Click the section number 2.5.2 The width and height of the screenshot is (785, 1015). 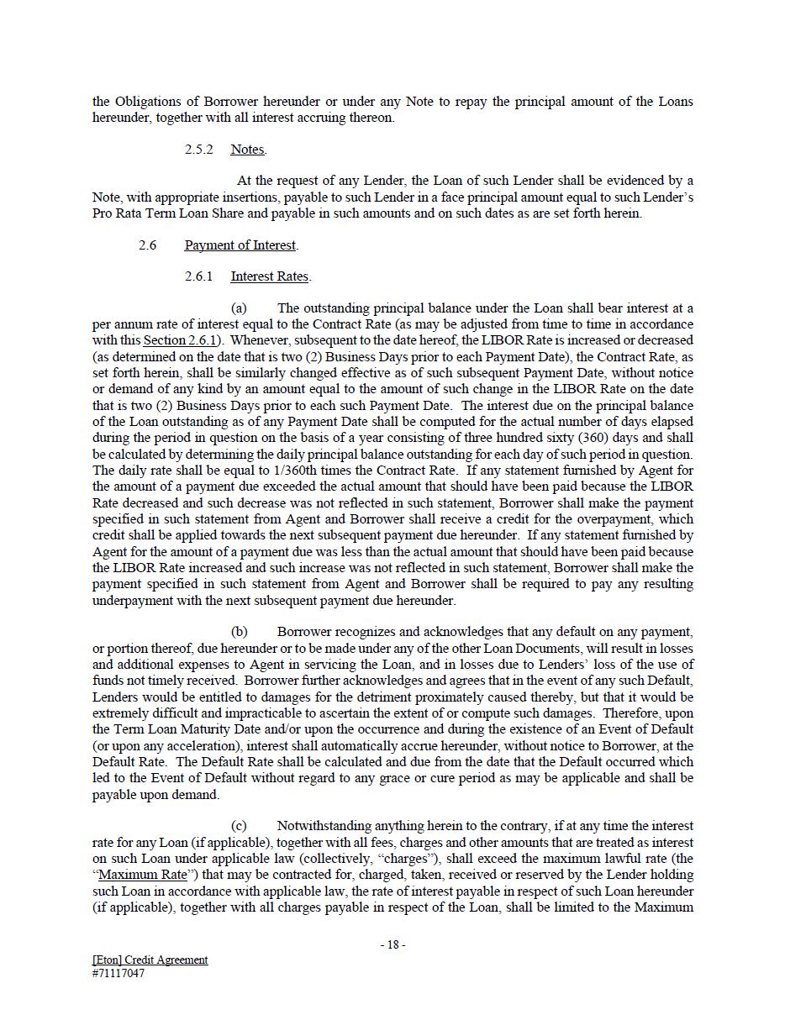pos(198,150)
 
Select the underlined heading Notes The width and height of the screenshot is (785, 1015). pos(247,150)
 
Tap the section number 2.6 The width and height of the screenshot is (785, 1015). pos(147,245)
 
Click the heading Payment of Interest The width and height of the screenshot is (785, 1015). pos(240,245)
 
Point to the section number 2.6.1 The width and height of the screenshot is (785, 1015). pos(198,276)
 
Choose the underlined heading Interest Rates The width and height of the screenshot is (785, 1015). pos(270,276)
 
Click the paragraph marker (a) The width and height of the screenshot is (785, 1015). pos(239,308)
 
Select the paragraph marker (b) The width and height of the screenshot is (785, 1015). pos(239,632)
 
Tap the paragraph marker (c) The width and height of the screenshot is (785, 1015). pos(239,826)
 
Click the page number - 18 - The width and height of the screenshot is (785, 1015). pos(392,944)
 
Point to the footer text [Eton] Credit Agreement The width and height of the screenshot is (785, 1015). pos(150,960)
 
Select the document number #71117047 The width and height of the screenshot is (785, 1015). pos(119,974)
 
